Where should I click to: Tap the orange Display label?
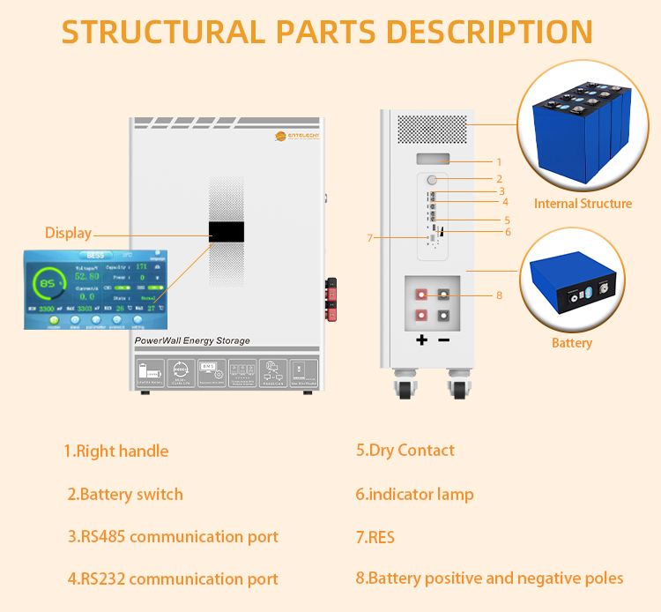(69, 234)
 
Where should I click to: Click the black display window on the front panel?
(227, 233)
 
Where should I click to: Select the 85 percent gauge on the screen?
(49, 284)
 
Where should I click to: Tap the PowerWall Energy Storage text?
(192, 340)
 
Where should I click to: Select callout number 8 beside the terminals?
(499, 295)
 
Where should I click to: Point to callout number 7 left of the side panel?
(370, 237)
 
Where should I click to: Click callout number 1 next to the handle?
(499, 162)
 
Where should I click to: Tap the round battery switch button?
(433, 179)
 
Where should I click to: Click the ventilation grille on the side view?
(433, 130)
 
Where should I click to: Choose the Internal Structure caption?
(583, 204)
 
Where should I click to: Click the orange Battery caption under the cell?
(572, 342)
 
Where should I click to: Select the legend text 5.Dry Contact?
(405, 450)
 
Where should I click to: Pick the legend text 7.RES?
(375, 537)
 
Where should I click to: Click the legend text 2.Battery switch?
(125, 494)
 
